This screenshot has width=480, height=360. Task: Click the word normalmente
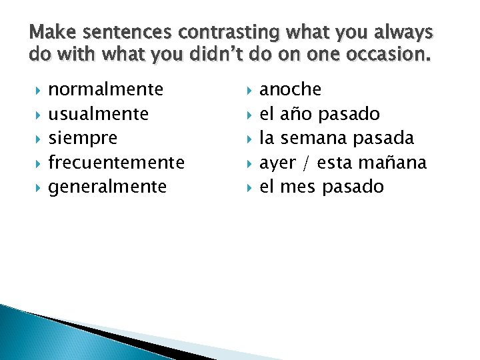click(106, 89)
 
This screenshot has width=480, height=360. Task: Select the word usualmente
click(99, 114)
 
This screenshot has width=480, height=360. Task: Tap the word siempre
click(83, 138)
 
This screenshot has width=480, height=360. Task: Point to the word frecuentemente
click(117, 163)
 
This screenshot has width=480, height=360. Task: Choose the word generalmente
click(107, 187)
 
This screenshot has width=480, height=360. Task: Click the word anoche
click(290, 89)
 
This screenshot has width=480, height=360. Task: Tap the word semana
click(312, 138)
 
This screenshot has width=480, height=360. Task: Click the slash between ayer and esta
click(306, 163)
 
